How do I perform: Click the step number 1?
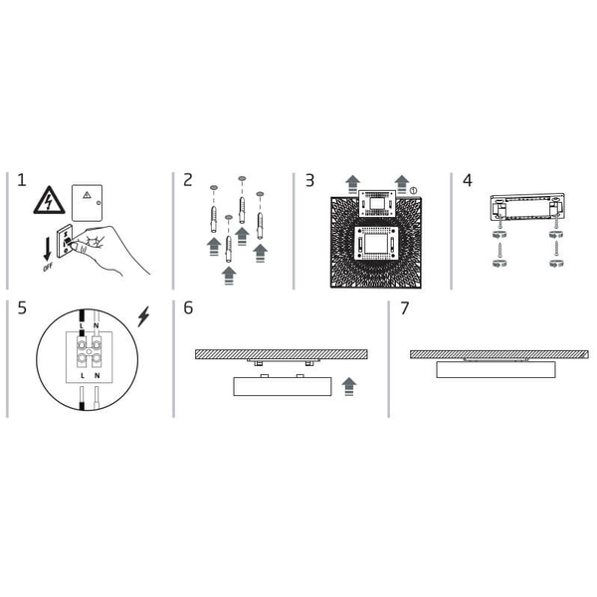[21, 181]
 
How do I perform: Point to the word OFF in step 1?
[47, 268]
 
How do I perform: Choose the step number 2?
[188, 181]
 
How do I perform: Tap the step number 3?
[310, 181]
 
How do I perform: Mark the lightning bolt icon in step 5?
[144, 316]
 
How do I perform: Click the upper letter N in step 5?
[96, 325]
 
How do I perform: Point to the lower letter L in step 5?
[82, 377]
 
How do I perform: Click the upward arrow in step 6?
[347, 386]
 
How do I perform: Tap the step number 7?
[405, 308]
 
